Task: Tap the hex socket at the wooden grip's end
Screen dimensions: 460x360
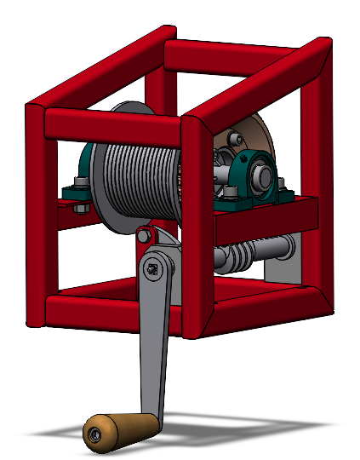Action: click(x=93, y=436)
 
